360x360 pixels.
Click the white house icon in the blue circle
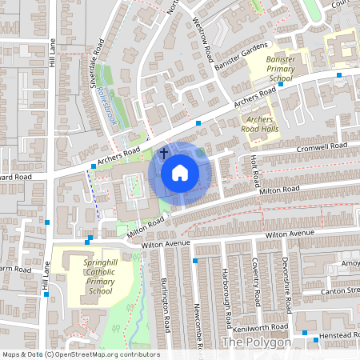(180, 172)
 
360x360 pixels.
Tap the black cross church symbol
(164, 152)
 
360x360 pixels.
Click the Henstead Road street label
(340, 334)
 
